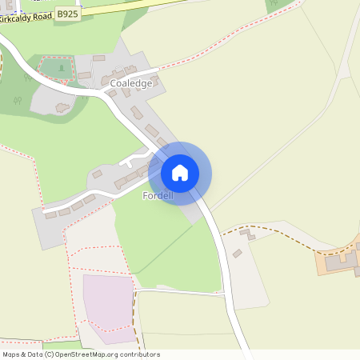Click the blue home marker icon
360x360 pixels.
(x=179, y=172)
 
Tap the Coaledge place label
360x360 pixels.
(x=131, y=82)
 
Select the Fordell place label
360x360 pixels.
(x=158, y=196)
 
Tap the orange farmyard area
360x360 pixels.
(x=336, y=263)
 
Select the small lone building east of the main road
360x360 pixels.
(x=237, y=254)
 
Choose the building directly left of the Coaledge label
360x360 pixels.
(x=106, y=81)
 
